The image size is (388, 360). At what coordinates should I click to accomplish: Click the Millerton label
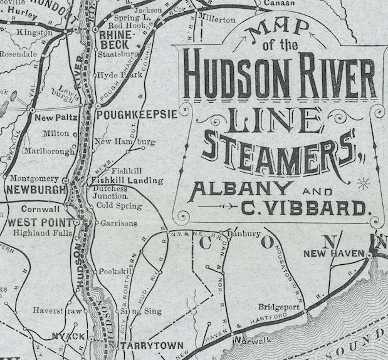coord(216,19)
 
